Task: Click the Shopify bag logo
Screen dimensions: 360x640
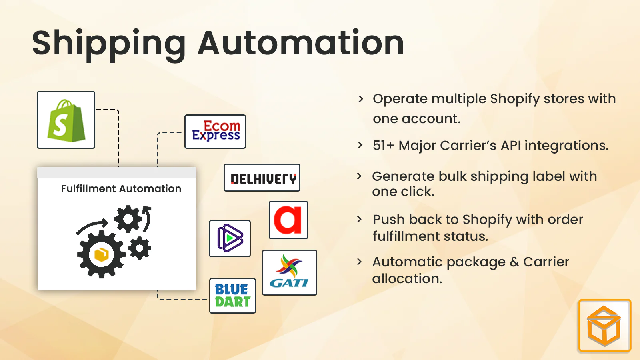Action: click(66, 120)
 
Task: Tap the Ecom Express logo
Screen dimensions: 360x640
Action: click(215, 132)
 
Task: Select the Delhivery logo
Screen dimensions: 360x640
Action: click(262, 178)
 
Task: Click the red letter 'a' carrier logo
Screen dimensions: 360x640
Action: click(288, 220)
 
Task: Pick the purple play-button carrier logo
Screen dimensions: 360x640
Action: click(230, 238)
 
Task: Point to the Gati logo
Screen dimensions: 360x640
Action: click(289, 273)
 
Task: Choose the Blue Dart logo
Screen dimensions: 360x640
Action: click(232, 296)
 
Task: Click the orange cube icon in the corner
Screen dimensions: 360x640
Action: click(604, 326)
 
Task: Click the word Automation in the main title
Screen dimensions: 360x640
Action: click(301, 43)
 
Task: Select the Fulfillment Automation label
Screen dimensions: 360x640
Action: click(121, 189)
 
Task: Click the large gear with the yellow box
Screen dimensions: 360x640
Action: click(101, 254)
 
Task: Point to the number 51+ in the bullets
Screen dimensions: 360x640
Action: click(383, 146)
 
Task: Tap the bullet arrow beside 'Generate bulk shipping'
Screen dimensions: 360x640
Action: click(359, 176)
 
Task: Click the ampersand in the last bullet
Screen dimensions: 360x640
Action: click(514, 262)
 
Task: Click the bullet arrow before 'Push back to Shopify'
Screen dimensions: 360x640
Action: click(359, 219)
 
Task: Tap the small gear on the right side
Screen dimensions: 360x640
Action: click(140, 248)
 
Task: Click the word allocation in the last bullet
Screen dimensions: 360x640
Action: click(407, 279)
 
